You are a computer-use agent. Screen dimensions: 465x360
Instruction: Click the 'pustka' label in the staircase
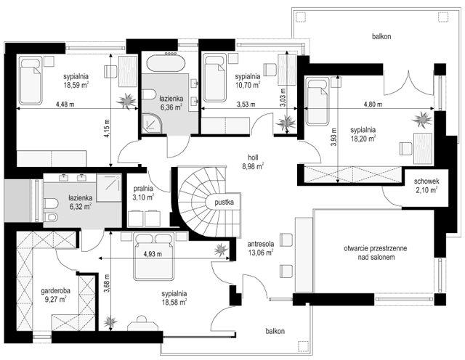225,202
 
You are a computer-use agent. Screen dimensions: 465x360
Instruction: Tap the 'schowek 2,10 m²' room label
426,186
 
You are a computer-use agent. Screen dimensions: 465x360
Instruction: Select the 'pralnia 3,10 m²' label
143,192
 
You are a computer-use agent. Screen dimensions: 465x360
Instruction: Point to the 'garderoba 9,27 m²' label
56,295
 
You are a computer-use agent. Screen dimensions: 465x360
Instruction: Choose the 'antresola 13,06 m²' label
261,248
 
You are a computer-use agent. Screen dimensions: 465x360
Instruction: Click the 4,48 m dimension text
65,105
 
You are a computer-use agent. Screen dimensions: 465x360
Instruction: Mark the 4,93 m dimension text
153,254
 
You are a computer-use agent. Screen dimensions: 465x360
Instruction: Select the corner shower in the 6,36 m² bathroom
152,123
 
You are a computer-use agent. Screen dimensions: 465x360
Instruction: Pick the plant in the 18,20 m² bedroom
422,119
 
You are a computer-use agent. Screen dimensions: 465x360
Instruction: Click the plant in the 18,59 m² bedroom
127,101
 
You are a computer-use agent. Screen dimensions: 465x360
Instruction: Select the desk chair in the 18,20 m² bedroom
405,149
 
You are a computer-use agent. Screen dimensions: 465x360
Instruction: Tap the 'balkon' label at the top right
381,37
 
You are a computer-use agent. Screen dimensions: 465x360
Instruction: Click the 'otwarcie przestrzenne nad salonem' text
376,253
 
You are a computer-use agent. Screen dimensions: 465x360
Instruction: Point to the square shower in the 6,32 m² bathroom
109,188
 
